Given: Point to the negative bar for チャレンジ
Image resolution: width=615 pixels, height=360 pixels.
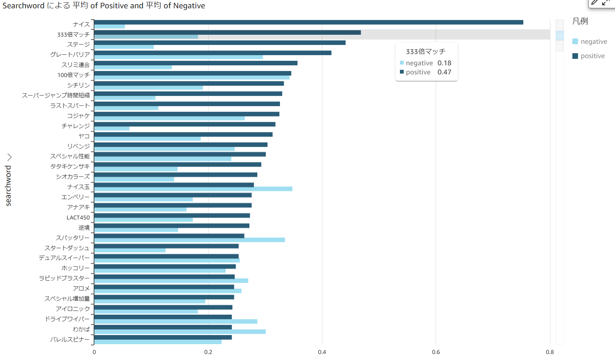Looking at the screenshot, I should coord(112,129).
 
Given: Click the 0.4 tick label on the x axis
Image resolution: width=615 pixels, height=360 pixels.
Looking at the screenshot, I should coord(322,352).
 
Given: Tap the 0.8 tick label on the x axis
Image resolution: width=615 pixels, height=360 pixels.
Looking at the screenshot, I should coord(550,352).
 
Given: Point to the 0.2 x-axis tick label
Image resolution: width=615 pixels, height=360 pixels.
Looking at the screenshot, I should coord(208,352).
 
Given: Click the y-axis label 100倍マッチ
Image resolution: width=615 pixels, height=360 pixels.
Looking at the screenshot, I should coord(74,75).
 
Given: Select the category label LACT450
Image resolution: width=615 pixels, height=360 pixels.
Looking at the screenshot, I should coord(78,217).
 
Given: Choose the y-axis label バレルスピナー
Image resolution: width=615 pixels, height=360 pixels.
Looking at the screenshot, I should coord(70,339).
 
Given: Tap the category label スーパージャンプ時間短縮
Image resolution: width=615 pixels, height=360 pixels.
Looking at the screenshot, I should coord(56,95).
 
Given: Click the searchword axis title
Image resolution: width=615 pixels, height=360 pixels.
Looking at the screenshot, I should coord(8,186).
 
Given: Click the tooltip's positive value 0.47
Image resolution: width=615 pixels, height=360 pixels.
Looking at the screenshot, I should coord(444,72).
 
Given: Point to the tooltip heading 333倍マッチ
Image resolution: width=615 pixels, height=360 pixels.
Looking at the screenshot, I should coord(426,51).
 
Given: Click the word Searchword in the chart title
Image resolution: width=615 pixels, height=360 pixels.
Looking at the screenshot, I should coord(23,6).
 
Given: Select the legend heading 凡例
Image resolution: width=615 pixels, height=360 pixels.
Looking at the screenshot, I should coord(580,21).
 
